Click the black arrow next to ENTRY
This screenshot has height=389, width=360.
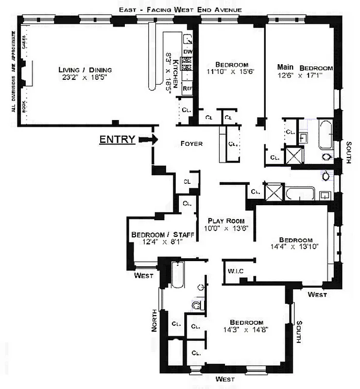tap(148, 140)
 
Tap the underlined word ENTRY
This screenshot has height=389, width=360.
tap(117, 140)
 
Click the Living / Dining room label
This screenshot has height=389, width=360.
tap(82, 69)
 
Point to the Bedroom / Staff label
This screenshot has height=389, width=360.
tap(163, 235)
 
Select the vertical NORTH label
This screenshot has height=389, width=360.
tap(154, 321)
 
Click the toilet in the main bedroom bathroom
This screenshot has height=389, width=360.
tap(326, 157)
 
